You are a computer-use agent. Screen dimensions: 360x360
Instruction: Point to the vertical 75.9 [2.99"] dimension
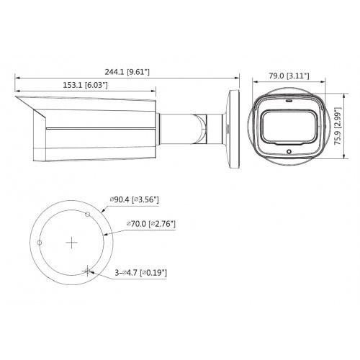pos(336,127)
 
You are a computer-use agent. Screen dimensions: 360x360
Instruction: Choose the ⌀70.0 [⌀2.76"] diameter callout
pos(151,225)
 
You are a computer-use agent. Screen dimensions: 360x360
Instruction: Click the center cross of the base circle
pos(71,243)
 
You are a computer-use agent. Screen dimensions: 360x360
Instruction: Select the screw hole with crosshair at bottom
pos(87,271)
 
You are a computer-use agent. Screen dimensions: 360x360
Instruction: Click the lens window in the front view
pos(285,128)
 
